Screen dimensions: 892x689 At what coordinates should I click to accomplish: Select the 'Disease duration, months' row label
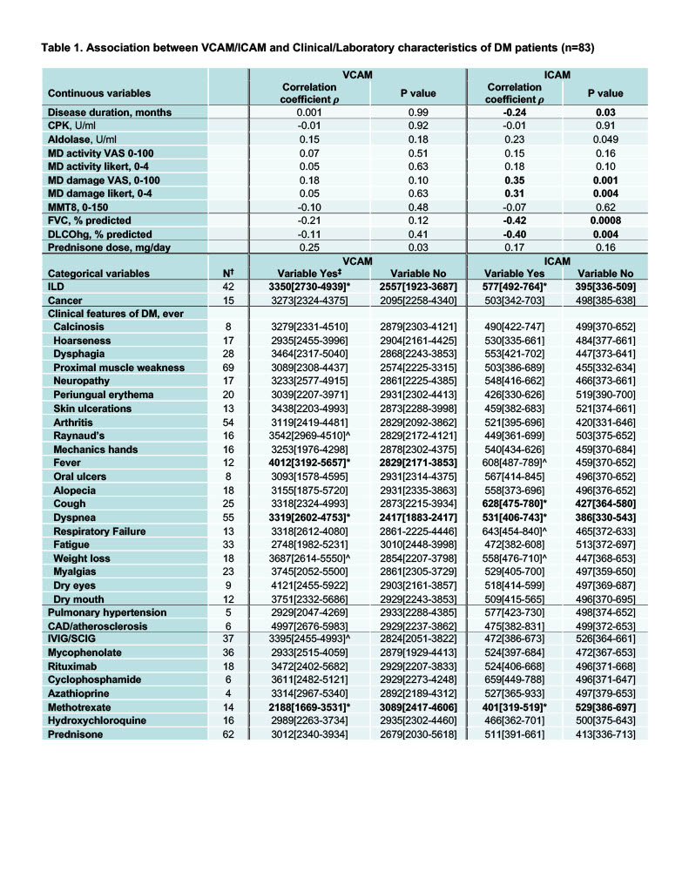110,112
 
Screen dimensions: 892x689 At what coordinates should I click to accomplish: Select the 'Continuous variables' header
98,92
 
